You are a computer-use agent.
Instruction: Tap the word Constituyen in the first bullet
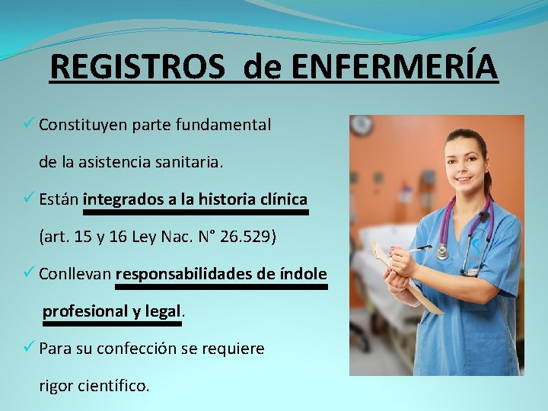coord(82,124)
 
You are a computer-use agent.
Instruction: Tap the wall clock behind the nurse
coord(362,125)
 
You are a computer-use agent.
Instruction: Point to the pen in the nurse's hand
coord(416,249)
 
